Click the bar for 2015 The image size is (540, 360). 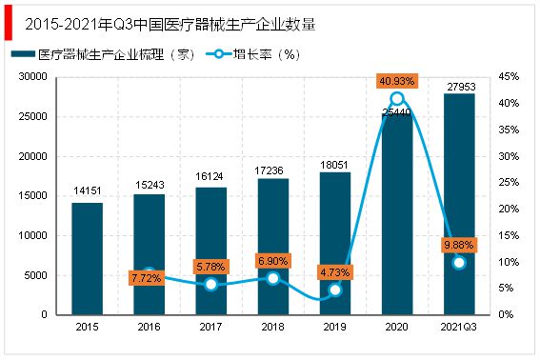click(88, 258)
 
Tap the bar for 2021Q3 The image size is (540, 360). click(459, 204)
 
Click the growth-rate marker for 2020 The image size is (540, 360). click(397, 98)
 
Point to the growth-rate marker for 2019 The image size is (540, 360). click(335, 290)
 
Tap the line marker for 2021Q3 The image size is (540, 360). click(459, 262)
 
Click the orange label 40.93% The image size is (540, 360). click(397, 81)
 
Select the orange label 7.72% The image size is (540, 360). click(150, 278)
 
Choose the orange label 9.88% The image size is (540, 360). click(459, 245)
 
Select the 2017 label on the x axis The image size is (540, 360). click(211, 327)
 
